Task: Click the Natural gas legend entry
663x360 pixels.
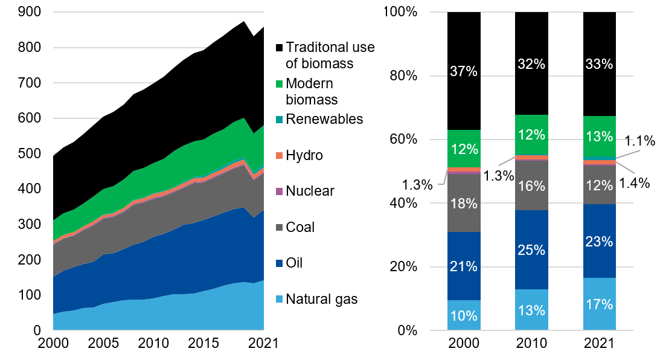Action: [x=321, y=298]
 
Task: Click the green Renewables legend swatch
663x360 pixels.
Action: [x=279, y=119]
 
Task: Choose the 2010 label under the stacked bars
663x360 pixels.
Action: [x=531, y=344]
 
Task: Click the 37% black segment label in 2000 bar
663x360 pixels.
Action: [x=464, y=71]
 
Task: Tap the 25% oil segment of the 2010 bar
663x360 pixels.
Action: [x=531, y=249]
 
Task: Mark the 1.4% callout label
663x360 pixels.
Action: [x=634, y=182]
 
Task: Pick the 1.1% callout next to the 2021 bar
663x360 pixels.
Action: [x=639, y=142]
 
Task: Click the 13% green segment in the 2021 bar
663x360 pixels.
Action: [x=599, y=137]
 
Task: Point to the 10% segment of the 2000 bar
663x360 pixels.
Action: [x=464, y=315]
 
